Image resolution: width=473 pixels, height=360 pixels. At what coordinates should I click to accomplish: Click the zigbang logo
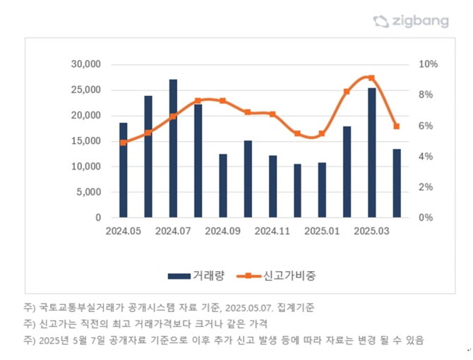coord(411,21)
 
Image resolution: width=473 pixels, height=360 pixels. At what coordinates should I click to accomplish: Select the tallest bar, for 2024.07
coord(174,148)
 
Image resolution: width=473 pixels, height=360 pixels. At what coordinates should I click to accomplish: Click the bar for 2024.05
coord(124,170)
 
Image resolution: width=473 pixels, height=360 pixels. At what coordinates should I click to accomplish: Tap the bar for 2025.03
coord(372,152)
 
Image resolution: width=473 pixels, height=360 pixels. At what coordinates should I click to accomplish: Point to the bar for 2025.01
coord(322,190)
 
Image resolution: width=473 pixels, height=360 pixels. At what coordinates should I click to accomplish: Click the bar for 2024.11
coord(273,186)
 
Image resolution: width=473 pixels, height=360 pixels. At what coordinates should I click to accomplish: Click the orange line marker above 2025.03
coord(371,78)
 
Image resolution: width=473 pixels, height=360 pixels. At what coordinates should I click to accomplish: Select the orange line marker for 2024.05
coord(124,143)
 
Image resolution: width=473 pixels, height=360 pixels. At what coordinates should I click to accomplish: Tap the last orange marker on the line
coord(397,126)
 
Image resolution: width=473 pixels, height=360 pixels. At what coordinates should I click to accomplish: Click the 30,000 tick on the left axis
coord(87,64)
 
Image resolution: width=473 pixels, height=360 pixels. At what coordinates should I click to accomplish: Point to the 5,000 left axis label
coord(90,192)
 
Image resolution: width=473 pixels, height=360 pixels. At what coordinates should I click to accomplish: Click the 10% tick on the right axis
coord(429,64)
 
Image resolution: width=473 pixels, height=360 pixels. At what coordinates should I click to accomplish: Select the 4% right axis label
coord(426,157)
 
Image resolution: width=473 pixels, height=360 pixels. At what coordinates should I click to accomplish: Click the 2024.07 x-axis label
coord(174,231)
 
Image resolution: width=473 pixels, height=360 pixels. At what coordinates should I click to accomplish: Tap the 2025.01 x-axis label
coord(322,231)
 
